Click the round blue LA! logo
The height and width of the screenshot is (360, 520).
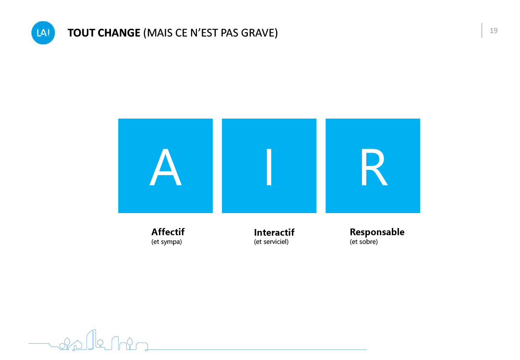[x=43, y=33]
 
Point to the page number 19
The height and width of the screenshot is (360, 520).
[x=494, y=31]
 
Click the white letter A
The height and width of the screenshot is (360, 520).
[x=166, y=167]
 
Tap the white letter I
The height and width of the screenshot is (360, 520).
[x=269, y=167]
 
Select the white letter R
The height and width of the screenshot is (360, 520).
[x=374, y=167]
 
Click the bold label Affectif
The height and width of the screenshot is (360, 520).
[x=168, y=232]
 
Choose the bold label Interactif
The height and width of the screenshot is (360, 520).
[x=274, y=232]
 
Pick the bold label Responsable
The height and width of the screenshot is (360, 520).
[x=377, y=232]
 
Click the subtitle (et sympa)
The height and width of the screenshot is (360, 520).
[x=167, y=241]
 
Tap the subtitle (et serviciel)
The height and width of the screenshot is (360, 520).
[x=271, y=241]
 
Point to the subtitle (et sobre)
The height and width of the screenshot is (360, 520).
[x=364, y=241]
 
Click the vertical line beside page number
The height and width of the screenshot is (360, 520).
[x=482, y=30]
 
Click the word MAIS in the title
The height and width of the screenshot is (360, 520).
[x=157, y=33]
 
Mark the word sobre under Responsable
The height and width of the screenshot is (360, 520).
[x=367, y=241]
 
